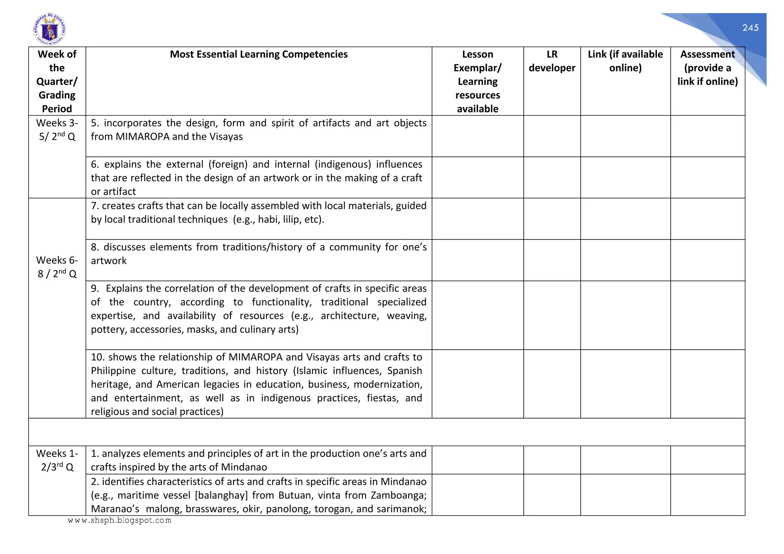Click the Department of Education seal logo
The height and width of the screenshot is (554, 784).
(49, 29)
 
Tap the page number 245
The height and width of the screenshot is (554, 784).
(750, 28)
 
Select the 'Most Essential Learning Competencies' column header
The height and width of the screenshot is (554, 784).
(258, 54)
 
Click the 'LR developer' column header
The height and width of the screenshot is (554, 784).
(552, 61)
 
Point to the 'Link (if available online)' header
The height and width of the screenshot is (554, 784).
(625, 61)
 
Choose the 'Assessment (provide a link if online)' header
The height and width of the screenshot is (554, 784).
(707, 68)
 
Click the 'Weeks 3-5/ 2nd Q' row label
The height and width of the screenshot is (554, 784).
(57, 130)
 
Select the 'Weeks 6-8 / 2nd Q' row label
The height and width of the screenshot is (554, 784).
(57, 267)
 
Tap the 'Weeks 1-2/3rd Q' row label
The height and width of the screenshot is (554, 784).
(57, 460)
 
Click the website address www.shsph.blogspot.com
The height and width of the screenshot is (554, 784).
(119, 520)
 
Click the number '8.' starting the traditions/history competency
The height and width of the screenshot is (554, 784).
(95, 247)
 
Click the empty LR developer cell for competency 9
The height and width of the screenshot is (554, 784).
(552, 315)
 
